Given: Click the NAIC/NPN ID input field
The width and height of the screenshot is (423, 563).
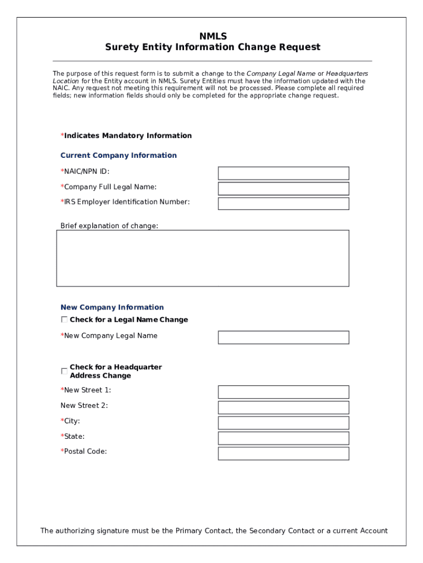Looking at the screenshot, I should pyautogui.click(x=283, y=173).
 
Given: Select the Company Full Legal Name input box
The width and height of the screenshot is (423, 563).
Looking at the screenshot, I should pyautogui.click(x=283, y=189).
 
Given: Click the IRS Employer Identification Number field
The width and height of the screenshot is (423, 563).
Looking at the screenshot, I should pyautogui.click(x=283, y=203).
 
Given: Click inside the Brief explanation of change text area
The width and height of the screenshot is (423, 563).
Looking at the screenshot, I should pyautogui.click(x=202, y=258).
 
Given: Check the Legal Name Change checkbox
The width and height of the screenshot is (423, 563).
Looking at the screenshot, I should pyautogui.click(x=64, y=319).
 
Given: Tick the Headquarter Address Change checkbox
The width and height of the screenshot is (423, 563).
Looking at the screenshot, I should pyautogui.click(x=64, y=371).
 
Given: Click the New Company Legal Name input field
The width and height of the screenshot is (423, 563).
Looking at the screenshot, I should pyautogui.click(x=283, y=337).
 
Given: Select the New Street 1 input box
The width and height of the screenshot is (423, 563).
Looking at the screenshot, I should pyautogui.click(x=283, y=392).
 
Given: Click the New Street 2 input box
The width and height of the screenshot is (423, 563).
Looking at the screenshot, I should pyautogui.click(x=283, y=407).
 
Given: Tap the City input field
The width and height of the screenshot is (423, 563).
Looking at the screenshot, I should pyautogui.click(x=283, y=423).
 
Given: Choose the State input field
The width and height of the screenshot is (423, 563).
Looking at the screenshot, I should pyautogui.click(x=283, y=438).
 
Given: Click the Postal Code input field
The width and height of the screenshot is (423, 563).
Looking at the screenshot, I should pyautogui.click(x=283, y=454).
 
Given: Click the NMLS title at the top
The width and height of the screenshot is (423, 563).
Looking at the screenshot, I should pyautogui.click(x=213, y=36).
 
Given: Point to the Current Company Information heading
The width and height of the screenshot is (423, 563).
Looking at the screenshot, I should pyautogui.click(x=119, y=156).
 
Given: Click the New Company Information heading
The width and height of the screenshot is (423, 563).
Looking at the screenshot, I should pyautogui.click(x=112, y=307).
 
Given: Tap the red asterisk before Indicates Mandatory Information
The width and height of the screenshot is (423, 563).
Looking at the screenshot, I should pyautogui.click(x=62, y=135).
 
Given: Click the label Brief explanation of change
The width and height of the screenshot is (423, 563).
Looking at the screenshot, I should pyautogui.click(x=109, y=225).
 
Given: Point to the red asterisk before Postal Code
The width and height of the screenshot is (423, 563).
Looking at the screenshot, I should pyautogui.click(x=62, y=451).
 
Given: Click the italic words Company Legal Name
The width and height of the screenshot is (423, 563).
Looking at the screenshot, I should pyautogui.click(x=281, y=74).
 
